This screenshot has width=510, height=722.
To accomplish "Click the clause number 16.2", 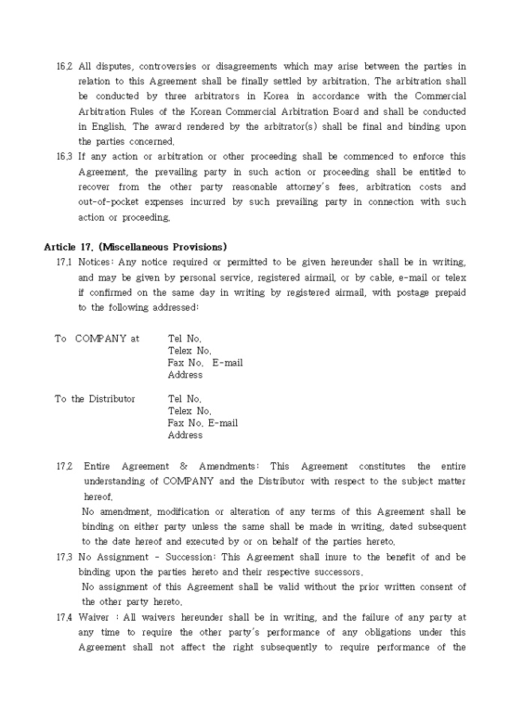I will (64, 67).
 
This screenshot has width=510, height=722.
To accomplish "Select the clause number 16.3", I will (64, 157).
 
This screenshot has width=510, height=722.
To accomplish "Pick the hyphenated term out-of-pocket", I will (108, 202).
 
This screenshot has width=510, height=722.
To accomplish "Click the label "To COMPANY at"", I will (97, 338).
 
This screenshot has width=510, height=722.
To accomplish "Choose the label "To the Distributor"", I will (94, 399).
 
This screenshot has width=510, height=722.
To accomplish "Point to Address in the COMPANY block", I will (185, 375).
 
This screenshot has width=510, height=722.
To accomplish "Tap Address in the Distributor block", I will (185, 435).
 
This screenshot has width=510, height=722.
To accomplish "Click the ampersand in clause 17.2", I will (184, 466).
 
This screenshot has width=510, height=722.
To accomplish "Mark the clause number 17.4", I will (64, 618).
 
